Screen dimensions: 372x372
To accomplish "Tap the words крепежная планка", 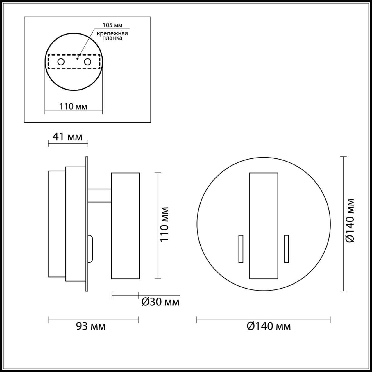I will pos(112,36).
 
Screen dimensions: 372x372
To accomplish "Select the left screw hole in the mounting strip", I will pos(61,62).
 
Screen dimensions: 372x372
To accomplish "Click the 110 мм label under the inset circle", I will pos(74,106).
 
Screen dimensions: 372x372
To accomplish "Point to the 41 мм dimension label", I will pos(67,136).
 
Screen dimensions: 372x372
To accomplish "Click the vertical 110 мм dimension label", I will pos(165,224).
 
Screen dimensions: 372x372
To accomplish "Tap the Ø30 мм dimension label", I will pos(160,302).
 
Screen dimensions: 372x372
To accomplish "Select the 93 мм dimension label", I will pos(91,326).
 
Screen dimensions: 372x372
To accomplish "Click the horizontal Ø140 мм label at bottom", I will pos(269,326).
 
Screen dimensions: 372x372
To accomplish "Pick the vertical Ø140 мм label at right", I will pos(350,220).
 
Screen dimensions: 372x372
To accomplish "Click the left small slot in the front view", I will pos(241,249).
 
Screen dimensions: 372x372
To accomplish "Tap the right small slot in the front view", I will pos(287,249).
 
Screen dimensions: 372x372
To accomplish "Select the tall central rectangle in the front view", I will pos(264,226).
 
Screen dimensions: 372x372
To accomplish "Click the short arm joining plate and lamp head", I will pos(100,195).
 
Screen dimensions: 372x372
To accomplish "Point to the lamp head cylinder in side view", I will pos(126,226).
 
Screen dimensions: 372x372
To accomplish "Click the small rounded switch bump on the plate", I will pos(90,248).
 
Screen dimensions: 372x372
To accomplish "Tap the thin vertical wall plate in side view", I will pos(87,224).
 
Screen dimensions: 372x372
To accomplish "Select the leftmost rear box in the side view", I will pos(57,224).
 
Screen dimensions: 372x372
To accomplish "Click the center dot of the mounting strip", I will pos(77,58).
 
